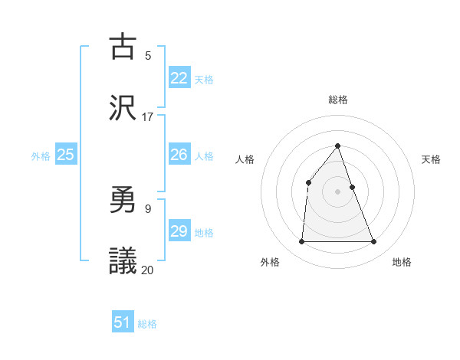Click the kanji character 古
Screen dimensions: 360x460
click(123, 47)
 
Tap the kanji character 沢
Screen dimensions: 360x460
click(123, 108)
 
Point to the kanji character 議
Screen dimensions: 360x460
click(123, 261)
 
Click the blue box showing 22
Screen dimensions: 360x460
click(179, 77)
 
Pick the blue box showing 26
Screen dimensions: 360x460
click(179, 155)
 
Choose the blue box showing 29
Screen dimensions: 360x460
click(179, 231)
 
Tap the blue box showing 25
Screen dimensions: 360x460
click(66, 155)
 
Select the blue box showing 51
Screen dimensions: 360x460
click(123, 322)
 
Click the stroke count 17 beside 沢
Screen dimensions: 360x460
click(148, 117)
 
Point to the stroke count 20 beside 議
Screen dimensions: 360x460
click(148, 270)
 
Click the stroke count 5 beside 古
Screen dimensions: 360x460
click(148, 55)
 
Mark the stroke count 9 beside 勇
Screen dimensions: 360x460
click(148, 208)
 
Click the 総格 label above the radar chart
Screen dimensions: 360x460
click(338, 100)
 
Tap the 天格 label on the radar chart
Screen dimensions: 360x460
click(431, 159)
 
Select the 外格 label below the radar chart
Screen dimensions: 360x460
click(270, 262)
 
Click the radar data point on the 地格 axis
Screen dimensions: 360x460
click(374, 242)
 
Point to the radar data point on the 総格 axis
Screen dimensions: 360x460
click(338, 146)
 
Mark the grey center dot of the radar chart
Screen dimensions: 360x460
click(338, 191)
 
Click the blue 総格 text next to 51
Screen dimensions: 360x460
click(147, 324)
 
